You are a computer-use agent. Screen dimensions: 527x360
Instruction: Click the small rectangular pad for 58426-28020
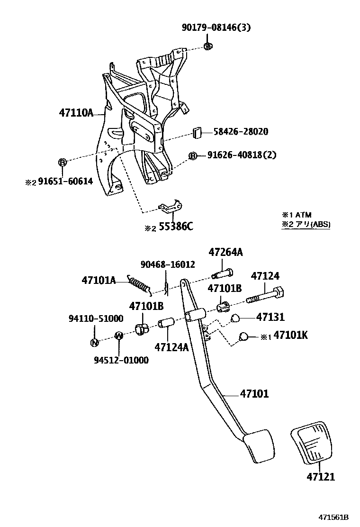(x=198, y=132)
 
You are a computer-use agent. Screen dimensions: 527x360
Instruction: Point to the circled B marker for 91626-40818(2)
(x=193, y=156)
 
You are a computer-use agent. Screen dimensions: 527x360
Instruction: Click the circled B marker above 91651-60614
(x=62, y=163)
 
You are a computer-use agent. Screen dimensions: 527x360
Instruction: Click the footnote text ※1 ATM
(x=297, y=215)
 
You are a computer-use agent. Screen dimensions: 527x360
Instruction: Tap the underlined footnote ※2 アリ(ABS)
(x=306, y=225)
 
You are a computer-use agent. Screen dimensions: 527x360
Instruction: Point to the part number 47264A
(x=226, y=253)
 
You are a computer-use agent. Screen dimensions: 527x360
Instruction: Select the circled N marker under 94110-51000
(x=94, y=343)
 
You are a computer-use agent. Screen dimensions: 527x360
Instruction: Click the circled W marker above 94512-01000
(x=119, y=336)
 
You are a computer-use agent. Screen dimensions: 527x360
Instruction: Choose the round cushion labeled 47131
(x=236, y=318)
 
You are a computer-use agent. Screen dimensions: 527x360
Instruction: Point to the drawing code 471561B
(x=333, y=517)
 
